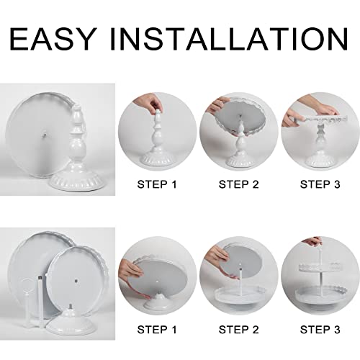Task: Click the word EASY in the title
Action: tap(52, 39)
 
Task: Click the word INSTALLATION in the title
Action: tap(229, 39)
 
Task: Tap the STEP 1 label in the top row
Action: tap(157, 184)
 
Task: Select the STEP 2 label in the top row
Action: tap(238, 184)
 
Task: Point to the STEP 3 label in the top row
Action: tap(320, 184)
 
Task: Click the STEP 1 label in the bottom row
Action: tap(157, 330)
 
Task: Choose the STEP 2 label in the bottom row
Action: tap(238, 330)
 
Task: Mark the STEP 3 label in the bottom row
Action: tap(320, 330)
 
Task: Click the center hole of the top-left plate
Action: tap(44, 136)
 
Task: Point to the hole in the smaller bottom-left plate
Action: tap(76, 281)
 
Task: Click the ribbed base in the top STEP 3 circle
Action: tap(320, 160)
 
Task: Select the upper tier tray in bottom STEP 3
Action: tap(320, 267)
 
